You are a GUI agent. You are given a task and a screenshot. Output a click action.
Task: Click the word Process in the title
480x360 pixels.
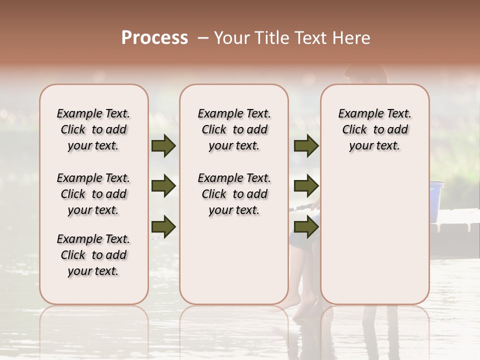[154, 38]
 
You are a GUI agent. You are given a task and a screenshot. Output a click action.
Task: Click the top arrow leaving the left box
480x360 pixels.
[163, 146]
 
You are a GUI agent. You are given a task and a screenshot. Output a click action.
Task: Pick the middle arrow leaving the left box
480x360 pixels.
[163, 186]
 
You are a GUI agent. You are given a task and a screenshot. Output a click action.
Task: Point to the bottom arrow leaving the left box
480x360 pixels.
[163, 226]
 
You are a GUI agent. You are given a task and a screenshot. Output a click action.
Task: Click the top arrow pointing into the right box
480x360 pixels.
[306, 146]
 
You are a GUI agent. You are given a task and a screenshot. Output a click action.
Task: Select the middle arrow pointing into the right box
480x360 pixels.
[306, 186]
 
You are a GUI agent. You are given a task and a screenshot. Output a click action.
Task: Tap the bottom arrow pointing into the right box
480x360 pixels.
[306, 226]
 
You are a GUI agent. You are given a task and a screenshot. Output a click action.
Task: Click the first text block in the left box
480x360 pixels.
[93, 129]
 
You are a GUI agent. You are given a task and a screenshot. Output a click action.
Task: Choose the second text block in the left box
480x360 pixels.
[93, 194]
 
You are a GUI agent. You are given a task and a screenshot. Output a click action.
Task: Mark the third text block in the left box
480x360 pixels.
[93, 255]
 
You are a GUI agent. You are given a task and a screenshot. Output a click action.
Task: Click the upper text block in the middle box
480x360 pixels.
[234, 129]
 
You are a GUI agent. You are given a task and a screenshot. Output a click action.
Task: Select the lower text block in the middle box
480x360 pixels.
[234, 194]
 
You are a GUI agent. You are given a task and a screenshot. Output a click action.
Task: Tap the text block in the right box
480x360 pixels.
[375, 129]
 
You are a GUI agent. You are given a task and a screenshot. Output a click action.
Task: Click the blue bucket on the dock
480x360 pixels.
[436, 200]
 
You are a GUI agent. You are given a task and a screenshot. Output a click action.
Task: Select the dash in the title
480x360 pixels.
[203, 38]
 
